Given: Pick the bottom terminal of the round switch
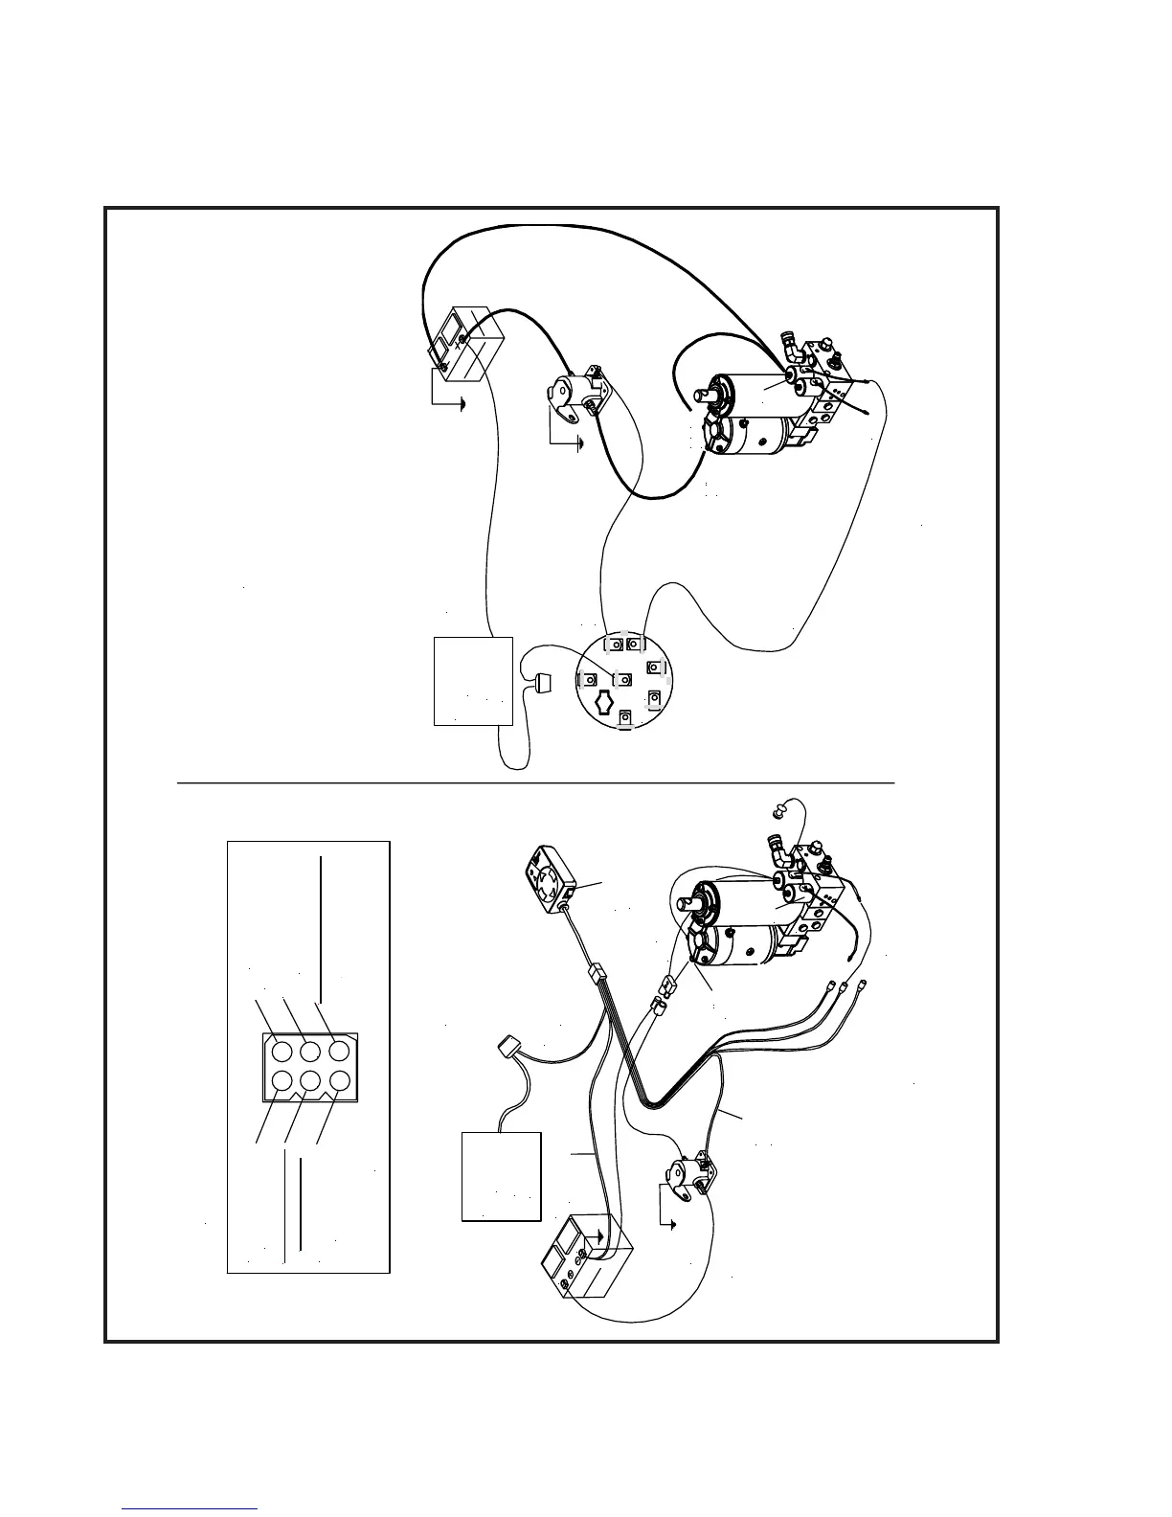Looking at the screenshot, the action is coord(625,716).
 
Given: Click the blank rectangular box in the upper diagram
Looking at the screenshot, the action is coord(473,680).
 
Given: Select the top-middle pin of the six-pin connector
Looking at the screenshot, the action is coord(309,1051).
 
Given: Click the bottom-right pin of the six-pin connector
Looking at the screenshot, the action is coord(338,1080).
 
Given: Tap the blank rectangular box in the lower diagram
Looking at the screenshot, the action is coord(501,1176).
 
